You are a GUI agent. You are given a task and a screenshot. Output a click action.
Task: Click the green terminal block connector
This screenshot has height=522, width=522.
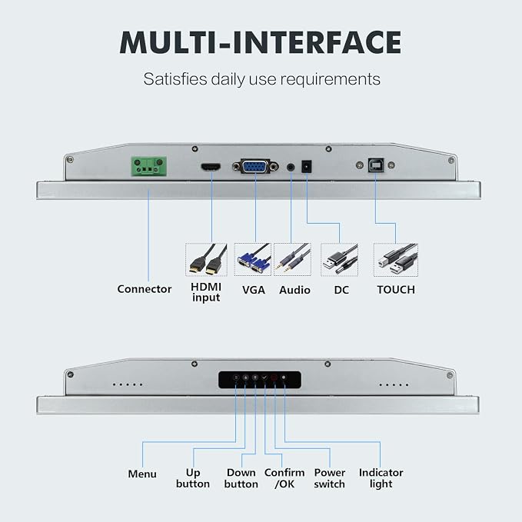click(x=149, y=166)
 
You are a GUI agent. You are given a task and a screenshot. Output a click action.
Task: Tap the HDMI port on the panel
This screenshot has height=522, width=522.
click(x=211, y=167)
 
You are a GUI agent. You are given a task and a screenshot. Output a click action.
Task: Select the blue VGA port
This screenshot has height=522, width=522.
click(x=255, y=166)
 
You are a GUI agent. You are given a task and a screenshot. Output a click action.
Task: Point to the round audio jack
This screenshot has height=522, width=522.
click(x=291, y=167)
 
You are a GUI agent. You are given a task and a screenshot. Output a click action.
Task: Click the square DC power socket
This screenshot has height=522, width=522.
click(x=306, y=167)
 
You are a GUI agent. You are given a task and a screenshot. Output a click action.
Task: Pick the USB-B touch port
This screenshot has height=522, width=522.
click(x=376, y=165)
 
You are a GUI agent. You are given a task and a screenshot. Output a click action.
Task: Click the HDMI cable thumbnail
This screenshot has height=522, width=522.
click(x=206, y=259)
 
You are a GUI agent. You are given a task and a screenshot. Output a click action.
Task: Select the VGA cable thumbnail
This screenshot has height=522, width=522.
click(x=253, y=259)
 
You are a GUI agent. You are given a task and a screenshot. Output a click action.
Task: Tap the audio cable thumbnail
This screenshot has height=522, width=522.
click(x=292, y=259)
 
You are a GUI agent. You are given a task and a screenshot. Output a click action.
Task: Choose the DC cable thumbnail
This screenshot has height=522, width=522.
click(x=339, y=260)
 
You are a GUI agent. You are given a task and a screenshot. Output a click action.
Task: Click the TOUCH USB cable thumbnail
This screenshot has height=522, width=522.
click(x=396, y=260)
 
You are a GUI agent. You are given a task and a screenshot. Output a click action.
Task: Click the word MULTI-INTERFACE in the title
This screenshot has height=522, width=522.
click(x=261, y=42)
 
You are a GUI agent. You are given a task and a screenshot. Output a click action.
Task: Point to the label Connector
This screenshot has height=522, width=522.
click(x=145, y=289)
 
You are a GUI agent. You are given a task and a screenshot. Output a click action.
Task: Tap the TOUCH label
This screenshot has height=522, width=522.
click(x=396, y=290)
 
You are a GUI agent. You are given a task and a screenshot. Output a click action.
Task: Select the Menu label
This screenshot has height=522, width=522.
click(x=142, y=474)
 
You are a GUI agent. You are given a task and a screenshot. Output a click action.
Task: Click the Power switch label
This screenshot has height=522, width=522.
click(x=330, y=478)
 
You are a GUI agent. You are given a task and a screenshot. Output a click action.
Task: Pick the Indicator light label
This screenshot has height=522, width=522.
click(x=381, y=478)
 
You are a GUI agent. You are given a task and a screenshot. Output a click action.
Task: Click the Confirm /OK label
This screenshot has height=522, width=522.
click(x=284, y=478)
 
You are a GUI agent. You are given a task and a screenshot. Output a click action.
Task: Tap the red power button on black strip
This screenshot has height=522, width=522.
click(x=274, y=377)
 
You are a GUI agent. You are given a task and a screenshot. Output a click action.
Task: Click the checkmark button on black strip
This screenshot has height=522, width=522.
click(x=264, y=377)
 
